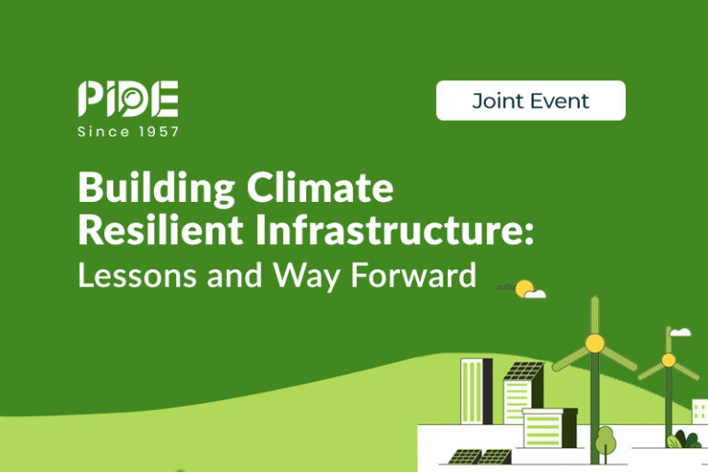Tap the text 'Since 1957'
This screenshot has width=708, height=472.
[128, 132]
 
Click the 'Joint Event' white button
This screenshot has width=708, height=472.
[530, 100]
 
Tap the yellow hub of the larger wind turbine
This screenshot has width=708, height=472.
[595, 343]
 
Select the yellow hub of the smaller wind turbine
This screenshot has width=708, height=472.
[668, 360]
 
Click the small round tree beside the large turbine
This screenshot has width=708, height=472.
[605, 440]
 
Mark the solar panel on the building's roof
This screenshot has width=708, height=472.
[524, 372]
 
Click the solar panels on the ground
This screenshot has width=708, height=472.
[480, 456]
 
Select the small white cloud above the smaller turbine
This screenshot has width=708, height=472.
[680, 332]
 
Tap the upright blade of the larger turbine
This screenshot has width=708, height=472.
[595, 313]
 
